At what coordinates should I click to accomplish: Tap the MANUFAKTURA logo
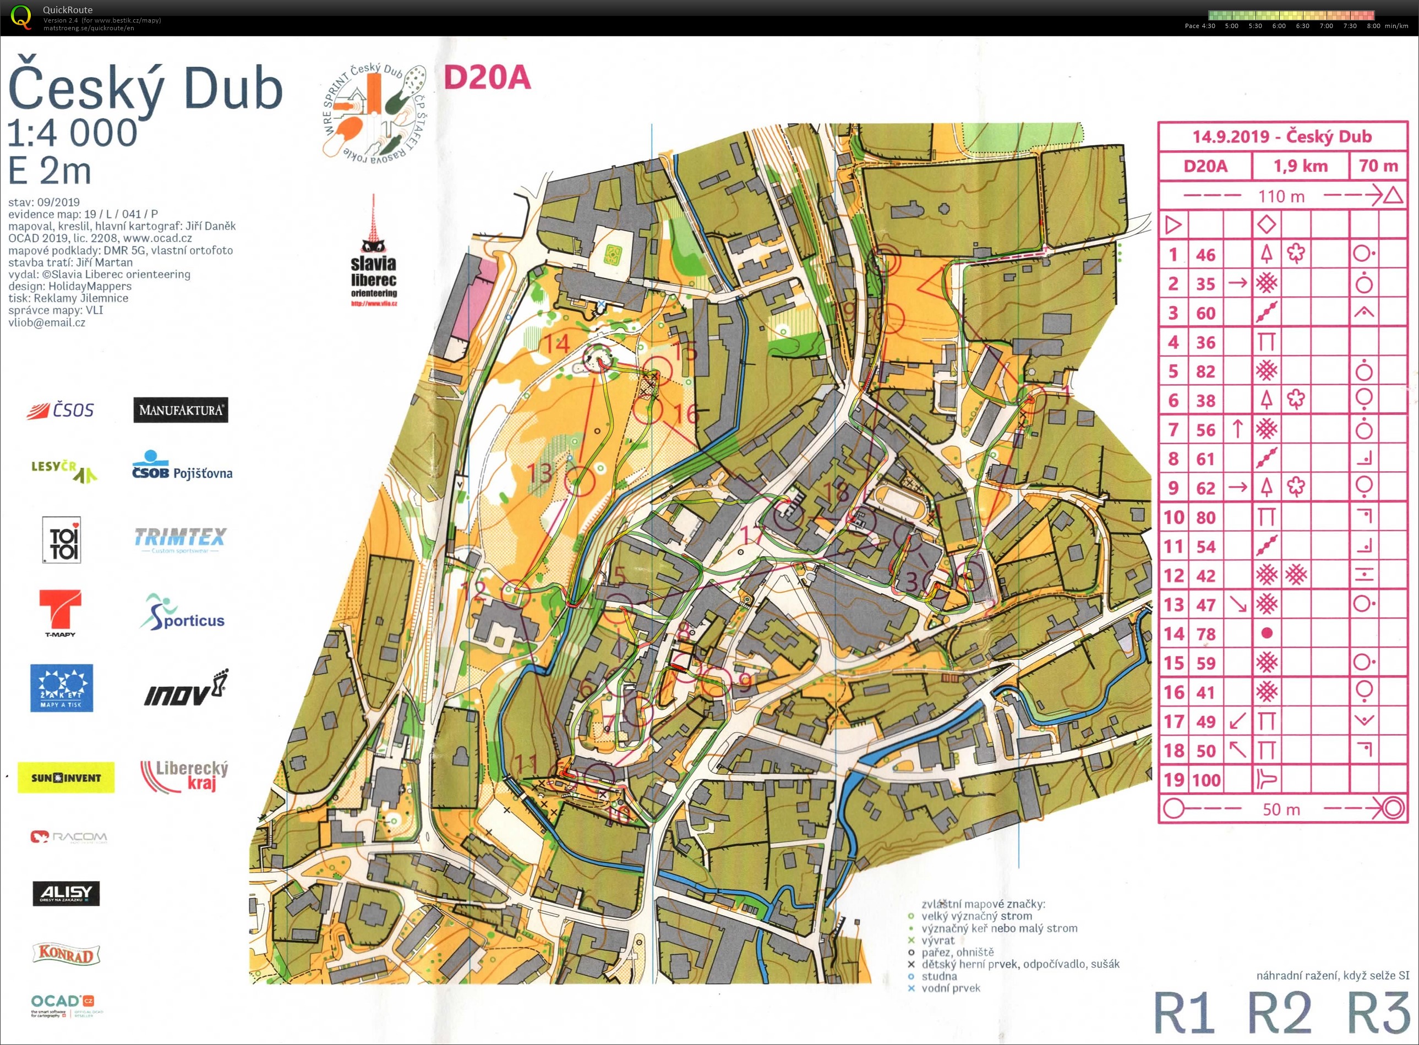pos(181,410)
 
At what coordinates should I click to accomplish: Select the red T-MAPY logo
pos(60,611)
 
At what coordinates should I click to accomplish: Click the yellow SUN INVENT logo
pos(66,778)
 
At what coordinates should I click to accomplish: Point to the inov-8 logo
pos(185,689)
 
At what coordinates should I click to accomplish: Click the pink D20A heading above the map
pos(487,78)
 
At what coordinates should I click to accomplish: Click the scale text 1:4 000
pos(72,133)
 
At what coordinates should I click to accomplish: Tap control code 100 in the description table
pos(1206,780)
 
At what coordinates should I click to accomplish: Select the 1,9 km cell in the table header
pos(1300,166)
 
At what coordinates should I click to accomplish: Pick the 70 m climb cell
pos(1378,166)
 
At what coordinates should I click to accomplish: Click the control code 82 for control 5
pos(1205,371)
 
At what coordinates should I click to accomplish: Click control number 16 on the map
pos(686,414)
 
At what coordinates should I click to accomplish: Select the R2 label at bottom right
pos(1279,1011)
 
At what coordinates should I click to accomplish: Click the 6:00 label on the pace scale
pos(1279,26)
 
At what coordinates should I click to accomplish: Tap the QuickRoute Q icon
pos(21,17)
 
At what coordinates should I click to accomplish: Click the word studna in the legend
pos(939,976)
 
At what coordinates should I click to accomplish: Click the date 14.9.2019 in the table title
pos(1230,136)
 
